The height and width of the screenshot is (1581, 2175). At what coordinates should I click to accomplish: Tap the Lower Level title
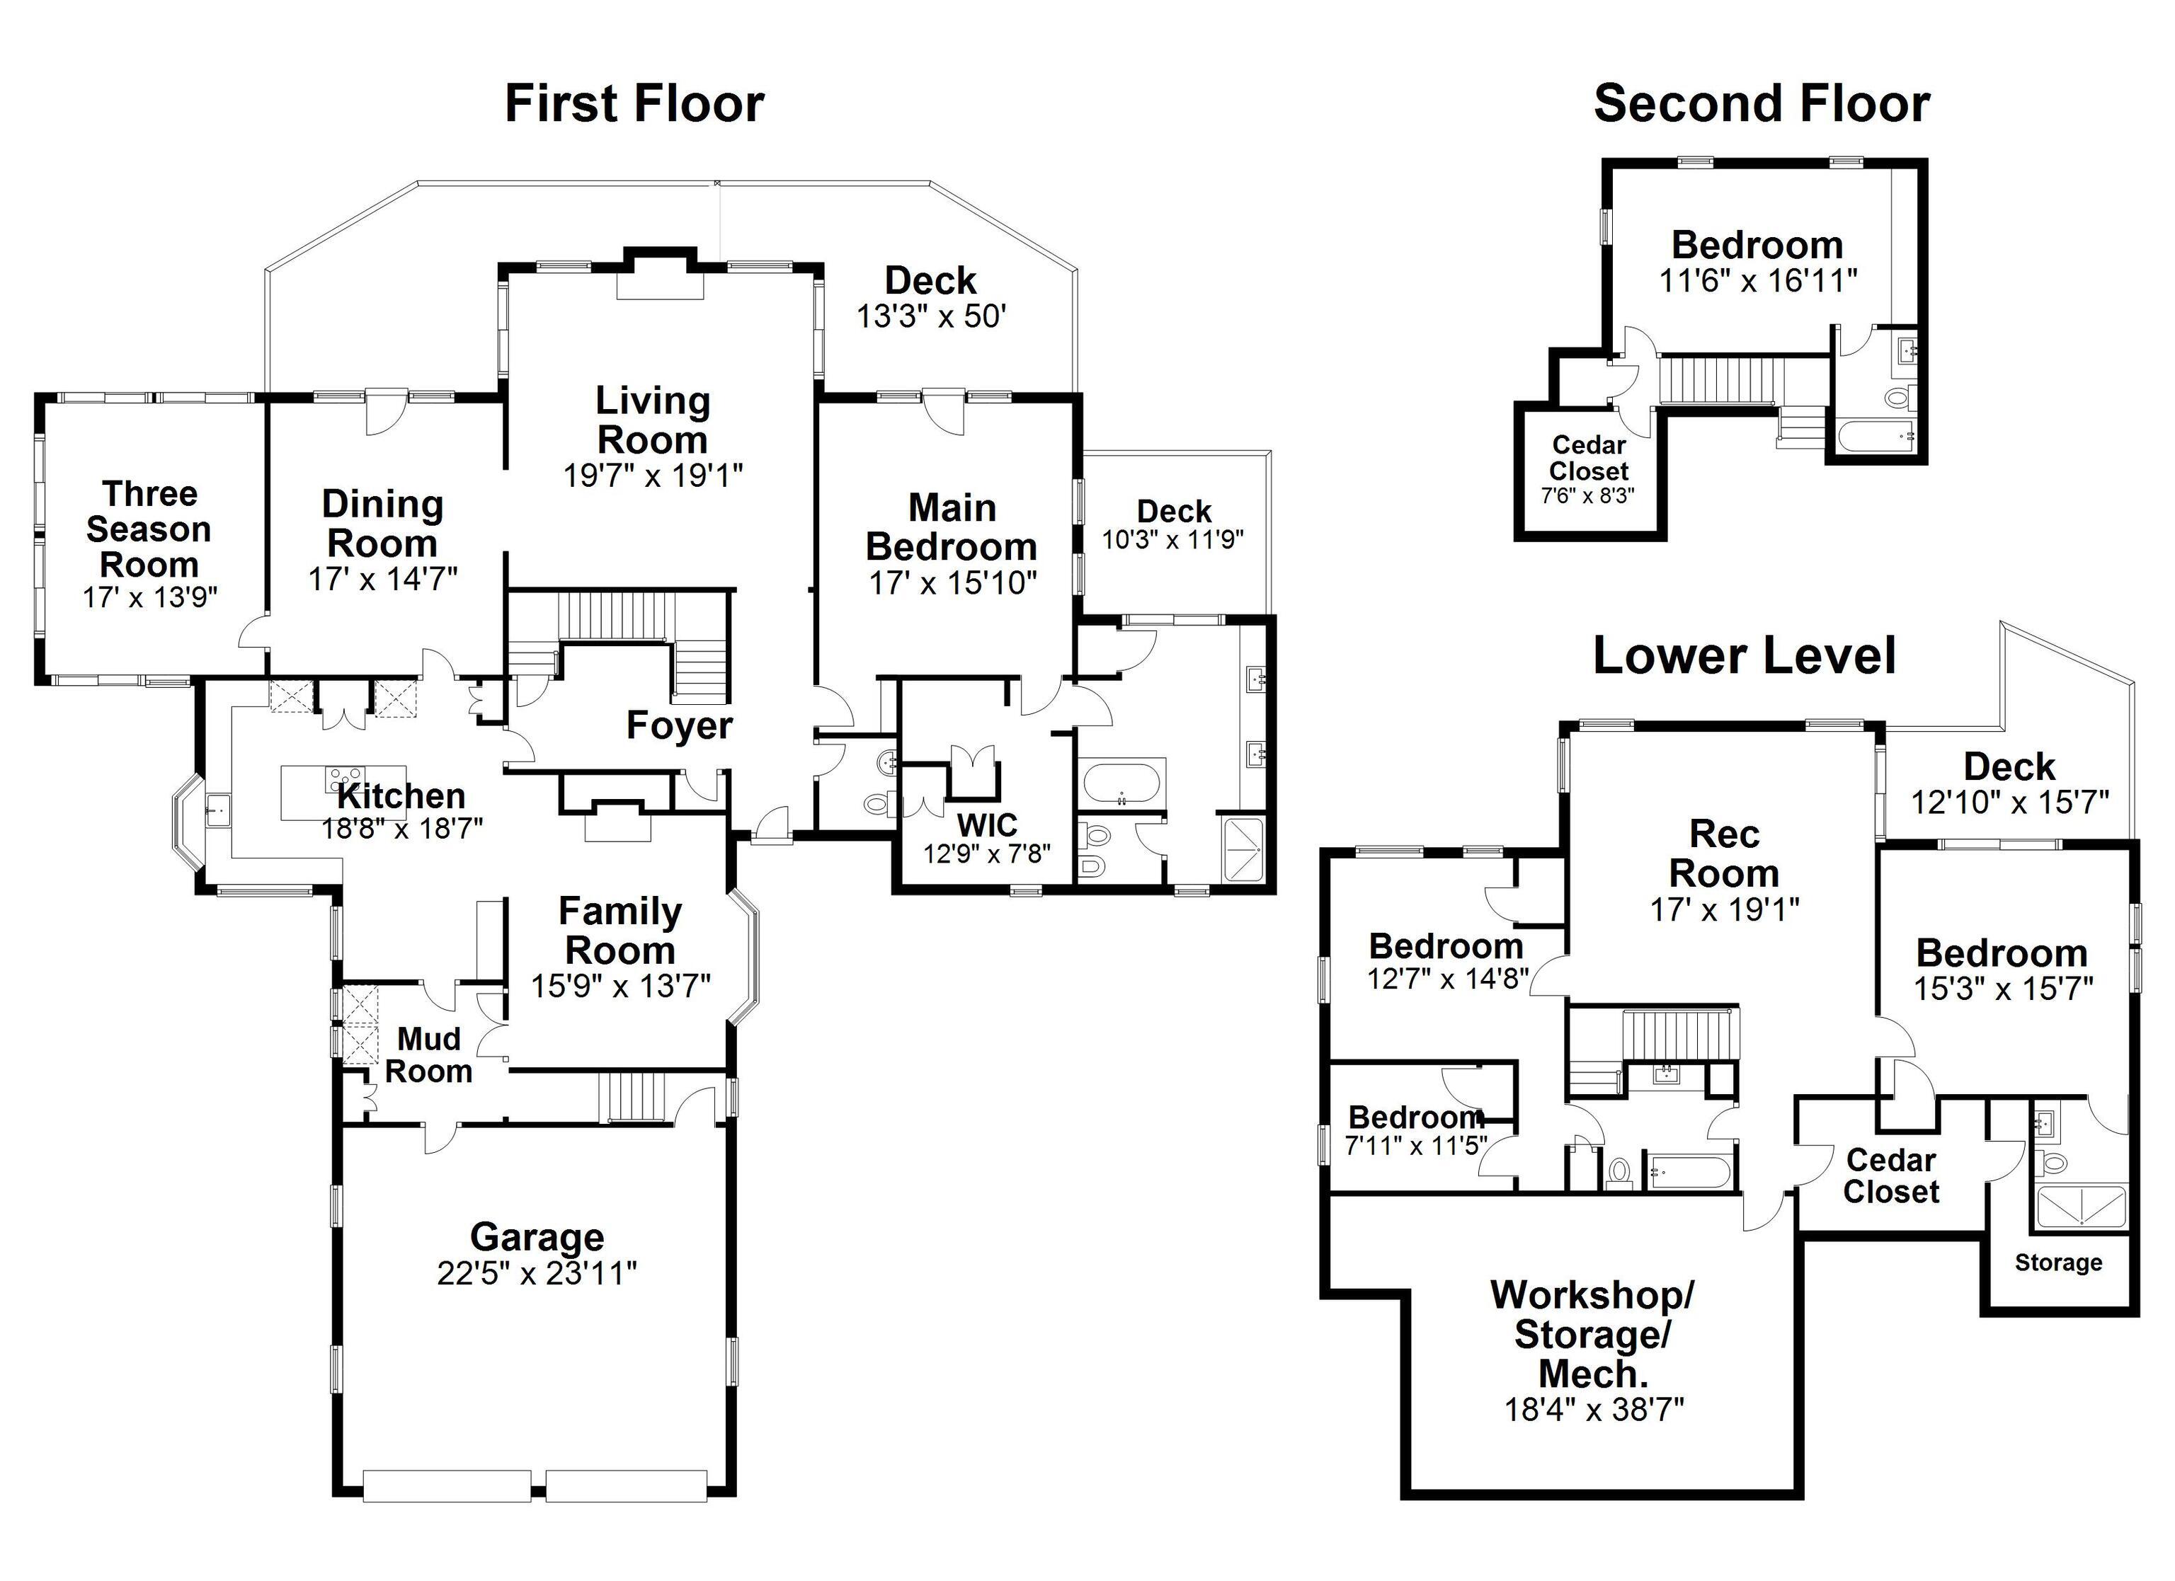(1743, 657)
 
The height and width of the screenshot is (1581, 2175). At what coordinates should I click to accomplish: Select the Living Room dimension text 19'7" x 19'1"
(653, 476)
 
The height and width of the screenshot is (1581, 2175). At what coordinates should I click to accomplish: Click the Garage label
(537, 1237)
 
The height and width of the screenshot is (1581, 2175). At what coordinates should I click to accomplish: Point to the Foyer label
(679, 726)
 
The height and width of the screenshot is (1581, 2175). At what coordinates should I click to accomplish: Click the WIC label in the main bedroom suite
(987, 824)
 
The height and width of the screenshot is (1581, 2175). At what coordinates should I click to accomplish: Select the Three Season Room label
(149, 529)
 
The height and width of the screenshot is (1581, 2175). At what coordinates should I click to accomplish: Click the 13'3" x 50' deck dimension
(930, 316)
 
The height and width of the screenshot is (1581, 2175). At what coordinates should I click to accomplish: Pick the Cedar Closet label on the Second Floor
(1588, 459)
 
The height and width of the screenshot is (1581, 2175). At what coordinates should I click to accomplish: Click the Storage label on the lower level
(2058, 1263)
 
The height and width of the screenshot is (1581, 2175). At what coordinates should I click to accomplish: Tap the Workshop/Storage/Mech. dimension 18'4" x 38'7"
(1594, 1409)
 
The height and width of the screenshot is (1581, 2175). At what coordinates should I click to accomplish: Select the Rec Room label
(1723, 853)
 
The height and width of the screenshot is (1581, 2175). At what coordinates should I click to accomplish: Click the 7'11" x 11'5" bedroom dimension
(1415, 1146)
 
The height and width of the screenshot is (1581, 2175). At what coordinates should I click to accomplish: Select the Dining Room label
(382, 524)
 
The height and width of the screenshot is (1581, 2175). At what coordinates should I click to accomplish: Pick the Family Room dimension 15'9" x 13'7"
(620, 986)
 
